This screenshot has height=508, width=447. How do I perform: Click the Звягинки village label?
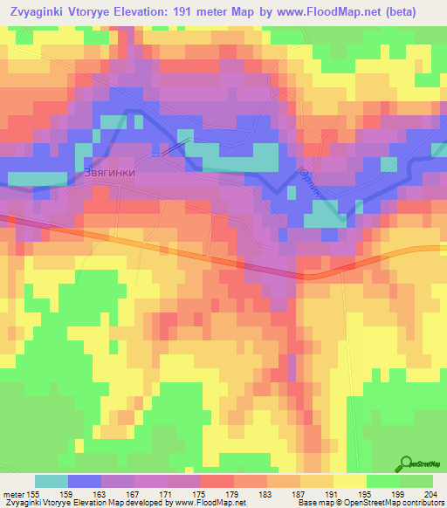(110, 173)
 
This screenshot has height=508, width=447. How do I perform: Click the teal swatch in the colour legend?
(52, 481)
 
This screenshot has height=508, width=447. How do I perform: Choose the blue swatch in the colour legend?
(85, 481)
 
